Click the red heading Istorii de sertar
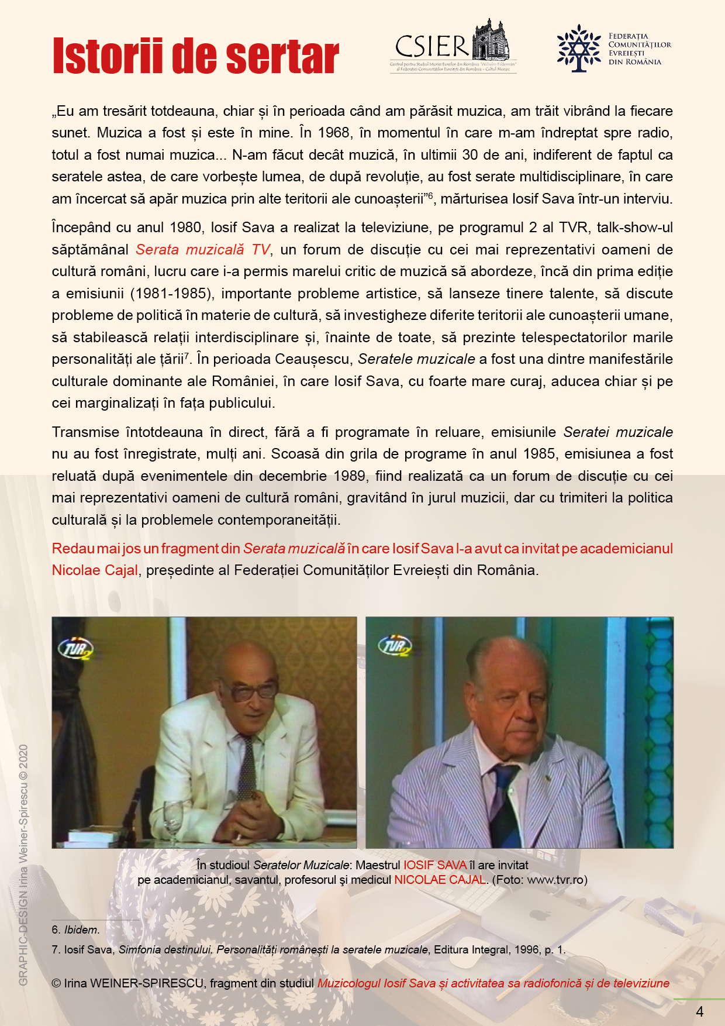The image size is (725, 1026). coord(195,57)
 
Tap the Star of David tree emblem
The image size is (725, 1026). coord(578,48)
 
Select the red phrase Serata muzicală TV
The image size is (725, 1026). coord(203,250)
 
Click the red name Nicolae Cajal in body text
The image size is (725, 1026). coord(95,570)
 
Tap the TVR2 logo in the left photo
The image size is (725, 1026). coord(75,648)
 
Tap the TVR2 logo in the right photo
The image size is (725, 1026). coord(395,645)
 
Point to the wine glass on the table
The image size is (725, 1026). coord(172,817)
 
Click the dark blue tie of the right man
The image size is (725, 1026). coord(502,801)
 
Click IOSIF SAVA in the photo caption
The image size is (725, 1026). coord(434,865)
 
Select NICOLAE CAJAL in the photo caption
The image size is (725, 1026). coord(440,880)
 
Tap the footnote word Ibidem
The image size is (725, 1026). coord(81,929)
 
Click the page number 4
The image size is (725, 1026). coord(700,1011)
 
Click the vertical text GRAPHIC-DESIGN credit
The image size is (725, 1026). coord(23,866)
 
